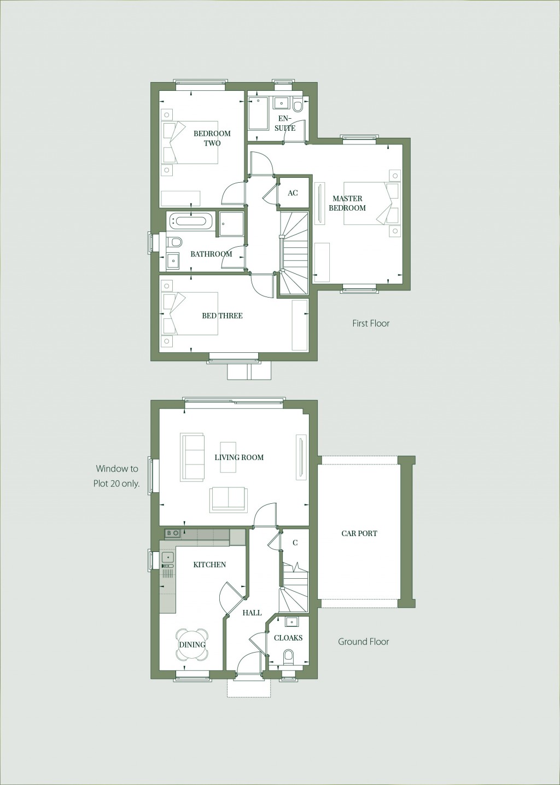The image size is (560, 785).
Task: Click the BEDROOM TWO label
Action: [212, 138]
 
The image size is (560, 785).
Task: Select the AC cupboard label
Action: [293, 193]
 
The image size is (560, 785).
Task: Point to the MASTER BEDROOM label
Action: [347, 203]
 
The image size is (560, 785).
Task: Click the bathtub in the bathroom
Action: [190, 221]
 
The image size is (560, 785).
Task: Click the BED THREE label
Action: [222, 316]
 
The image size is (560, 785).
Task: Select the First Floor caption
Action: [371, 323]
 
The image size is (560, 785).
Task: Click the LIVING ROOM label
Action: [239, 457]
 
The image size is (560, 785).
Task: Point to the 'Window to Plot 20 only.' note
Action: [118, 476]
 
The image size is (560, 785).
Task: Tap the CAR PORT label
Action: [359, 533]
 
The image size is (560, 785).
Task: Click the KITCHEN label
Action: [209, 565]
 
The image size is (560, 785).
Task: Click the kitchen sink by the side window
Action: [168, 557]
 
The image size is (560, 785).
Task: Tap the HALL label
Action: [252, 613]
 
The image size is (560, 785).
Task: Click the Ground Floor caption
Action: [363, 642]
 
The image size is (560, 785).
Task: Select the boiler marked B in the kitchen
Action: [170, 533]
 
